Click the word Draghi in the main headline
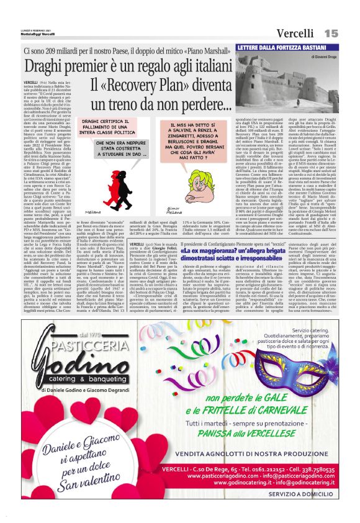pyautogui.click(x=46, y=66)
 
